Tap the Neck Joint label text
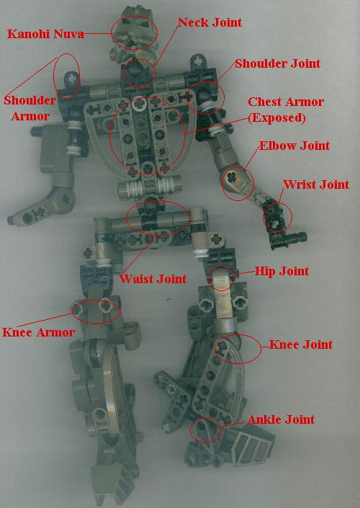pos(210,22)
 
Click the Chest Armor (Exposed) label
pos(285,109)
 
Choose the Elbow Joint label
pos(294,146)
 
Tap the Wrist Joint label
pos(316,184)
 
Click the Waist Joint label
pos(153,278)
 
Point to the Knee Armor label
pos(39,332)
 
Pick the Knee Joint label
pos(300,344)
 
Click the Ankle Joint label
pos(282,419)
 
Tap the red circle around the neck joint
pos(137,72)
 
